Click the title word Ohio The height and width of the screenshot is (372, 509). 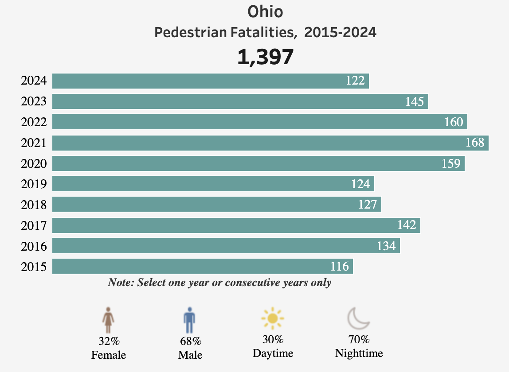(x=265, y=12)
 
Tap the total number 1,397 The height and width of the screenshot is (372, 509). (x=265, y=57)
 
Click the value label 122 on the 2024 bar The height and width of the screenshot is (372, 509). (x=356, y=81)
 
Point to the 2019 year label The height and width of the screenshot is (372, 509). (x=34, y=184)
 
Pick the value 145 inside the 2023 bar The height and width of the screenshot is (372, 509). (x=415, y=102)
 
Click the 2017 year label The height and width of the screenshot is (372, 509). (x=34, y=226)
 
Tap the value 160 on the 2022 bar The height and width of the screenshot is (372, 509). (x=454, y=122)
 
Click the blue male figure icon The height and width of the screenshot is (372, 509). (x=189, y=320)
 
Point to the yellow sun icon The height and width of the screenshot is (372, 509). (x=272, y=318)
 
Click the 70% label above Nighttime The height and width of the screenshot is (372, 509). (x=359, y=340)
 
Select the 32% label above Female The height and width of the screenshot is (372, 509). (x=109, y=341)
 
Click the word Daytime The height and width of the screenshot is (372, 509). (x=273, y=353)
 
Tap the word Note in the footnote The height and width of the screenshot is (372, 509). (x=120, y=283)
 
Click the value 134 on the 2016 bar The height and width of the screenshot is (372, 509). (x=386, y=246)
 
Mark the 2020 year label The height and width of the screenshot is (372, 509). (x=34, y=164)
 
